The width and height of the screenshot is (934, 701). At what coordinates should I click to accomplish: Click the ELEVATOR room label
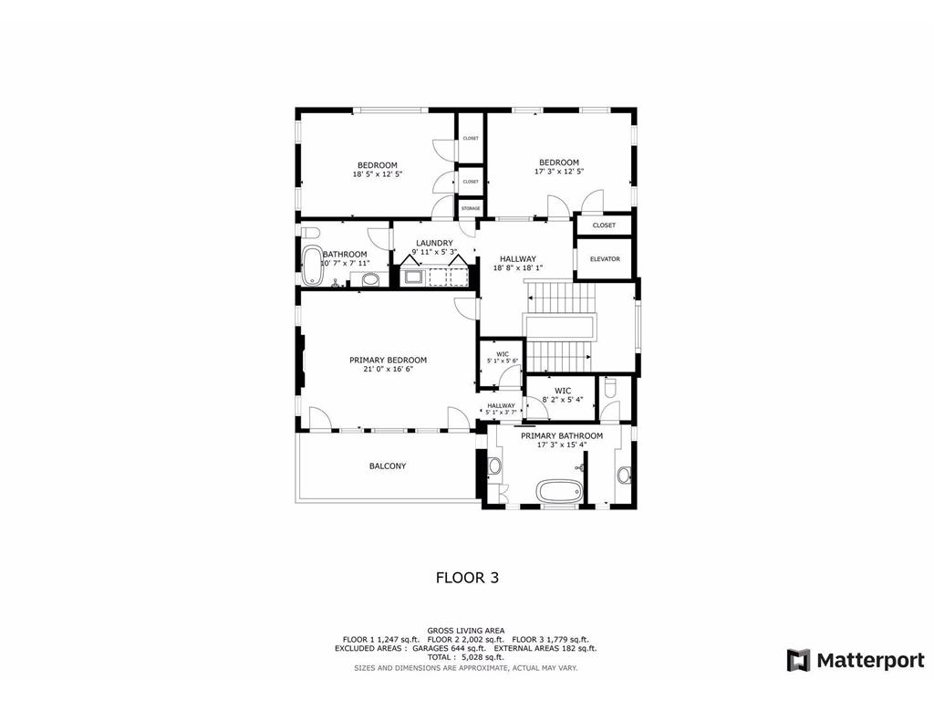coord(605,259)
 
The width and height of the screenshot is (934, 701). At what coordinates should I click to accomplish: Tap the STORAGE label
coord(470,209)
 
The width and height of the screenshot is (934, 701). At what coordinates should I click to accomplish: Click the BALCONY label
coord(388,466)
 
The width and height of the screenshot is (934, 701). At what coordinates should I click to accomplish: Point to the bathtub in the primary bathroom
coord(558,490)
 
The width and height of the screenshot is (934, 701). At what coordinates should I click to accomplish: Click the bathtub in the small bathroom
coord(312,265)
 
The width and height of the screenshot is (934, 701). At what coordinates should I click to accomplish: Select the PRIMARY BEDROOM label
coord(388,360)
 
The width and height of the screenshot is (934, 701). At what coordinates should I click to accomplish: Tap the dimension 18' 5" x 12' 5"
coord(377,174)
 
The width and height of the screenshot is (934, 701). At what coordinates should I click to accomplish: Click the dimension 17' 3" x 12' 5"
coord(558,172)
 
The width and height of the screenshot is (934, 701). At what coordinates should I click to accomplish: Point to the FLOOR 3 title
coord(466,577)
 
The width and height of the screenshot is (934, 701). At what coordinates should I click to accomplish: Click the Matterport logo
coord(856,660)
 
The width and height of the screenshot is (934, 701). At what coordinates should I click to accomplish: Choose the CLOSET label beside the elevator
coord(604,225)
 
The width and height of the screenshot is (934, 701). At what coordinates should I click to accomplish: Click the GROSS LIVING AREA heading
coord(466,631)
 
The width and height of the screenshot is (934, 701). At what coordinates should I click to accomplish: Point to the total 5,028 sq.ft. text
coord(466,657)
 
